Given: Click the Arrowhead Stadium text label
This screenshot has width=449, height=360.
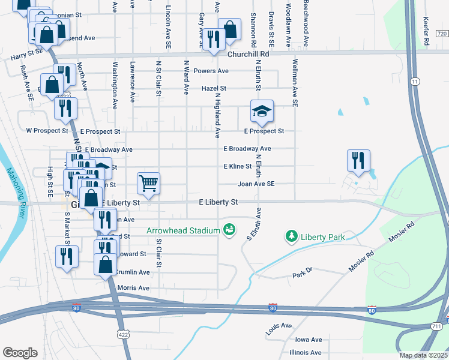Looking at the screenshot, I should pos(182,230).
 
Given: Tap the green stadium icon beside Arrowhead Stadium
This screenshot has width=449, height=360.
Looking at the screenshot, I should pos(228,230).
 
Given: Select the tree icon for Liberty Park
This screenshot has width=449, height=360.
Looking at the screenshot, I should pos(292,237).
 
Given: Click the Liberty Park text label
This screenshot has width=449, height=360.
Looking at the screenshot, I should pos(323,237).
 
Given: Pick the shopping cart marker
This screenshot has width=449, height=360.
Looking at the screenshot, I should pos(148,183).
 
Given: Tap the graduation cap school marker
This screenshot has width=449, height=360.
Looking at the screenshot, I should pos(261,111).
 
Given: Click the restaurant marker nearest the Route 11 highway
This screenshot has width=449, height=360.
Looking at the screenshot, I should pos(358,160).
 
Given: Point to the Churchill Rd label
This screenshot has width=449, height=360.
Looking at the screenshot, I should pos(247,54).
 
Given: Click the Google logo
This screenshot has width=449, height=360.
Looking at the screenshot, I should pos(20,352).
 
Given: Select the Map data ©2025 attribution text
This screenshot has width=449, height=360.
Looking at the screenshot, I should pos(423,355).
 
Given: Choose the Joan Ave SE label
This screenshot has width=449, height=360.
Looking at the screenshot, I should pos(256,184).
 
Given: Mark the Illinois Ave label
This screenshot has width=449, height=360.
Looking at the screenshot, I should pos(305,353).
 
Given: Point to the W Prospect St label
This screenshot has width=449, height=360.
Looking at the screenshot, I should pos(47,130).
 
